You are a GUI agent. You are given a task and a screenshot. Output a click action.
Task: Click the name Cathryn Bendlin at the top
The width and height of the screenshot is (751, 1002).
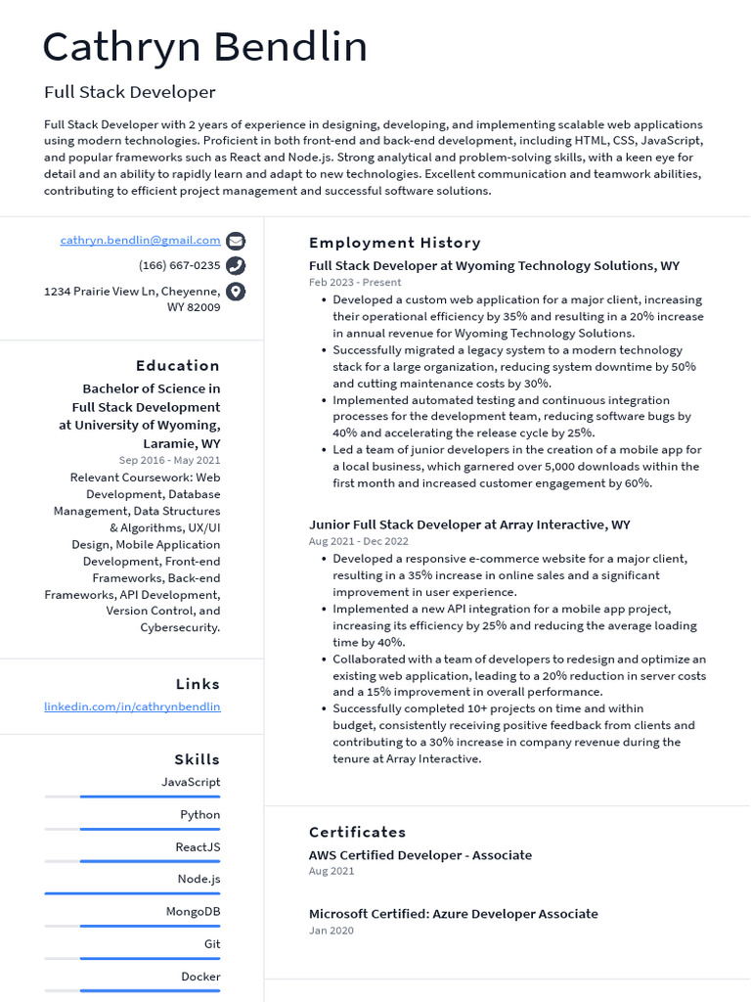coord(205,48)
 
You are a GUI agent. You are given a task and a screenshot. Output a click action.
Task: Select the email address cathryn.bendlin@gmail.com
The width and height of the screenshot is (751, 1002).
coord(140,240)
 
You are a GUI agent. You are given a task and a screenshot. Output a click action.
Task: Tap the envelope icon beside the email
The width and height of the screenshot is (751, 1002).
coord(236,241)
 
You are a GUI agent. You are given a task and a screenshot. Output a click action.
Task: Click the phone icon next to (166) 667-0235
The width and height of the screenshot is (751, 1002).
coord(236,266)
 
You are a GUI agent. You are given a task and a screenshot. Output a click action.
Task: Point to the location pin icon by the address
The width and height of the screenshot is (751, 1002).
coord(236,292)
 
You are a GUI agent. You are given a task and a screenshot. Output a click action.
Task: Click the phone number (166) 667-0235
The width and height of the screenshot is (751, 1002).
coord(179,265)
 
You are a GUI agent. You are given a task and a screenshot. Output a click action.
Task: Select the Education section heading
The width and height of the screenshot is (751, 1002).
coord(177,365)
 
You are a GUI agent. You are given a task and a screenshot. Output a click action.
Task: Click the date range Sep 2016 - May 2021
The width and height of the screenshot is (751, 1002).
coord(169,460)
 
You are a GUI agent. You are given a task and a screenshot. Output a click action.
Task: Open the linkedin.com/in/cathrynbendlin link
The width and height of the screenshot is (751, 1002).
coord(132,706)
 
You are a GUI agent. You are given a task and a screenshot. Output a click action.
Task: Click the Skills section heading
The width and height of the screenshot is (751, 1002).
coord(197,759)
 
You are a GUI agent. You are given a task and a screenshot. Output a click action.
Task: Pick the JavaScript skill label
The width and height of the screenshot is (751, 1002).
coord(191,782)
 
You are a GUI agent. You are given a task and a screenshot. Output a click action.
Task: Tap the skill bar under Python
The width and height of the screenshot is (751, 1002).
coord(132,829)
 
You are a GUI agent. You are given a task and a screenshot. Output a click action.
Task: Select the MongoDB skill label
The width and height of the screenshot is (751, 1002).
coord(193,911)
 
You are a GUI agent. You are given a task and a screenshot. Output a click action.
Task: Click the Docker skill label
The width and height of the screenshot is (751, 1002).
coord(200,977)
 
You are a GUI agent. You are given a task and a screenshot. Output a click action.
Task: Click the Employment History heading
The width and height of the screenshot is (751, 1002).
coord(394,243)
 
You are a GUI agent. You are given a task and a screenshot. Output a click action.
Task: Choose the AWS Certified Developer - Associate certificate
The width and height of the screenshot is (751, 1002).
coord(420,855)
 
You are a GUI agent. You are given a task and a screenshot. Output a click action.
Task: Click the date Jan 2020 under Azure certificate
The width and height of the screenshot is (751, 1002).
coord(331,931)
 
